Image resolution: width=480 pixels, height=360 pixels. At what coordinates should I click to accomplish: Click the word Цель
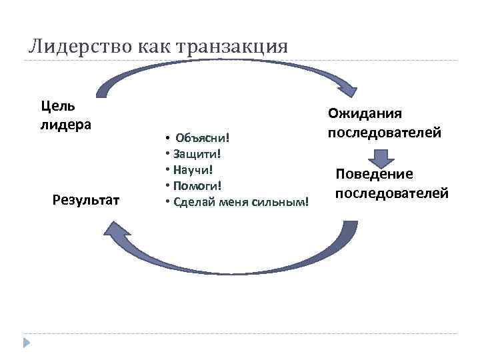point(57,105)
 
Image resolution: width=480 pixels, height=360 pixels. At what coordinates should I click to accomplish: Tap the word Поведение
point(374,174)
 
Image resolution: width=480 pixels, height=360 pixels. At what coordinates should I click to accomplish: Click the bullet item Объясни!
point(202,137)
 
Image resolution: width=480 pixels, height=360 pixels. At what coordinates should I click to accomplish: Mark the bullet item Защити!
point(196,153)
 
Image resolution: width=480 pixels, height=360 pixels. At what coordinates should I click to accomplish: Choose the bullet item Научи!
point(193,169)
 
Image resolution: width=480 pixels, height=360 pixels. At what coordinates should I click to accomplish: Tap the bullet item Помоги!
point(197,184)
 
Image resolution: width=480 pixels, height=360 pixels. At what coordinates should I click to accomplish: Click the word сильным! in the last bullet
point(287,200)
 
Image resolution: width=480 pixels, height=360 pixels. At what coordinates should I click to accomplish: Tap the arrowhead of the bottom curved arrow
point(115,231)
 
